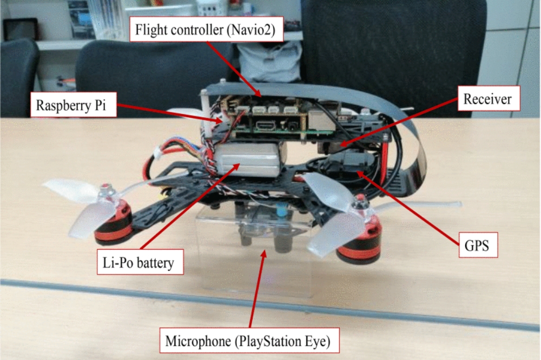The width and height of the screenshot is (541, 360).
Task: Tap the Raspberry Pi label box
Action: (x=74, y=106)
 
